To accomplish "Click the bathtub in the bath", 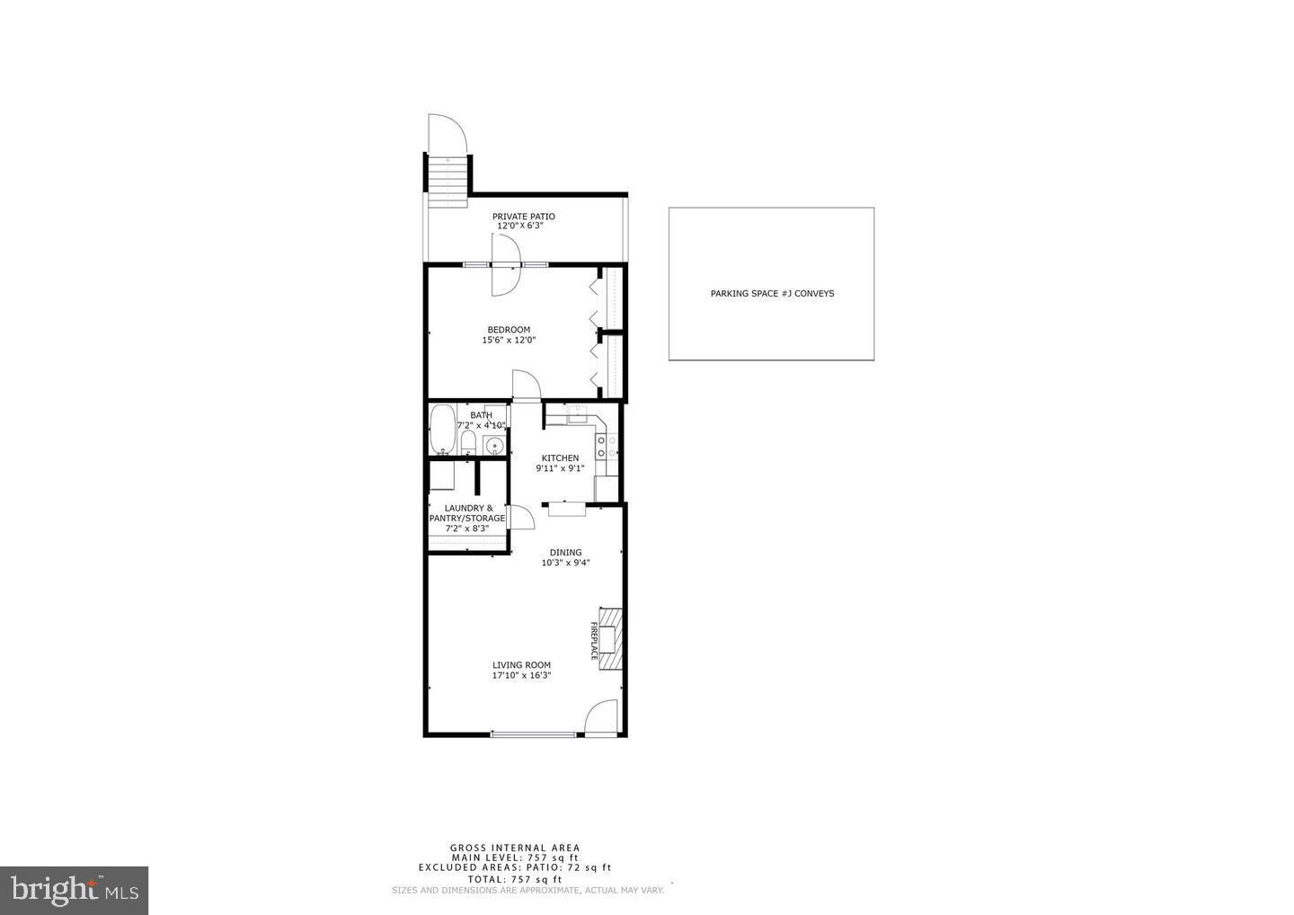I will (441, 430).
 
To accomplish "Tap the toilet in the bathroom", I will (467, 441).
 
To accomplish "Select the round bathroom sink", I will (493, 444).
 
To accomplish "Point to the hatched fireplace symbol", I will (611, 638).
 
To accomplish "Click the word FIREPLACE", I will (594, 640).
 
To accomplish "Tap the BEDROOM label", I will (509, 330).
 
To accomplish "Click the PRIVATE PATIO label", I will (523, 217).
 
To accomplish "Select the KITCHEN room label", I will (560, 458).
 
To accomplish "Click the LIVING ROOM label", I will (521, 665).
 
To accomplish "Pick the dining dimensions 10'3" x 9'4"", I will (565, 564).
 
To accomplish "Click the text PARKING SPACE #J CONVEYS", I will (772, 293).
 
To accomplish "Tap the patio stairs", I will (447, 180).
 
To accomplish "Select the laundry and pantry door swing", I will (521, 517).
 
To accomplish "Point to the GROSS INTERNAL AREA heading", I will (515, 848).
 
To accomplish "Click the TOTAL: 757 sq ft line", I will (515, 879).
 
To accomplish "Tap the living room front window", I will (534, 734).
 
